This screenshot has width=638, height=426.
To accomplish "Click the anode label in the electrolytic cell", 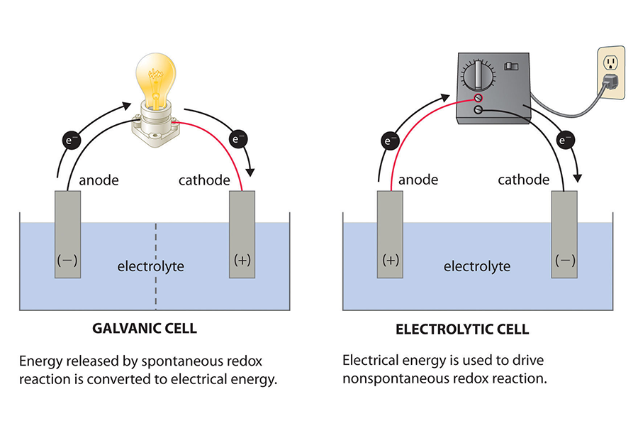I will [418, 180].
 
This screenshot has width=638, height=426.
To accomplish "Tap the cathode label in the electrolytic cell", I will [524, 180].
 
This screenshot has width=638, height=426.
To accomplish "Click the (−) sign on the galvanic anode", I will [67, 261].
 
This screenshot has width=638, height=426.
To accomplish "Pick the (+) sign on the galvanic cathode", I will [242, 261].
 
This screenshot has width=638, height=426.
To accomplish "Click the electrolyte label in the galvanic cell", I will [150, 267].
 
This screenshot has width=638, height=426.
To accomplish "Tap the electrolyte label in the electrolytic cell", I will [476, 267].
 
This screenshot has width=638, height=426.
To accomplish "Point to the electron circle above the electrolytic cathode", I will [565, 140].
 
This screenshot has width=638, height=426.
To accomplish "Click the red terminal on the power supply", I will [478, 97].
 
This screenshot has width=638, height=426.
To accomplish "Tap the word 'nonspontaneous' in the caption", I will [389, 378].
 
